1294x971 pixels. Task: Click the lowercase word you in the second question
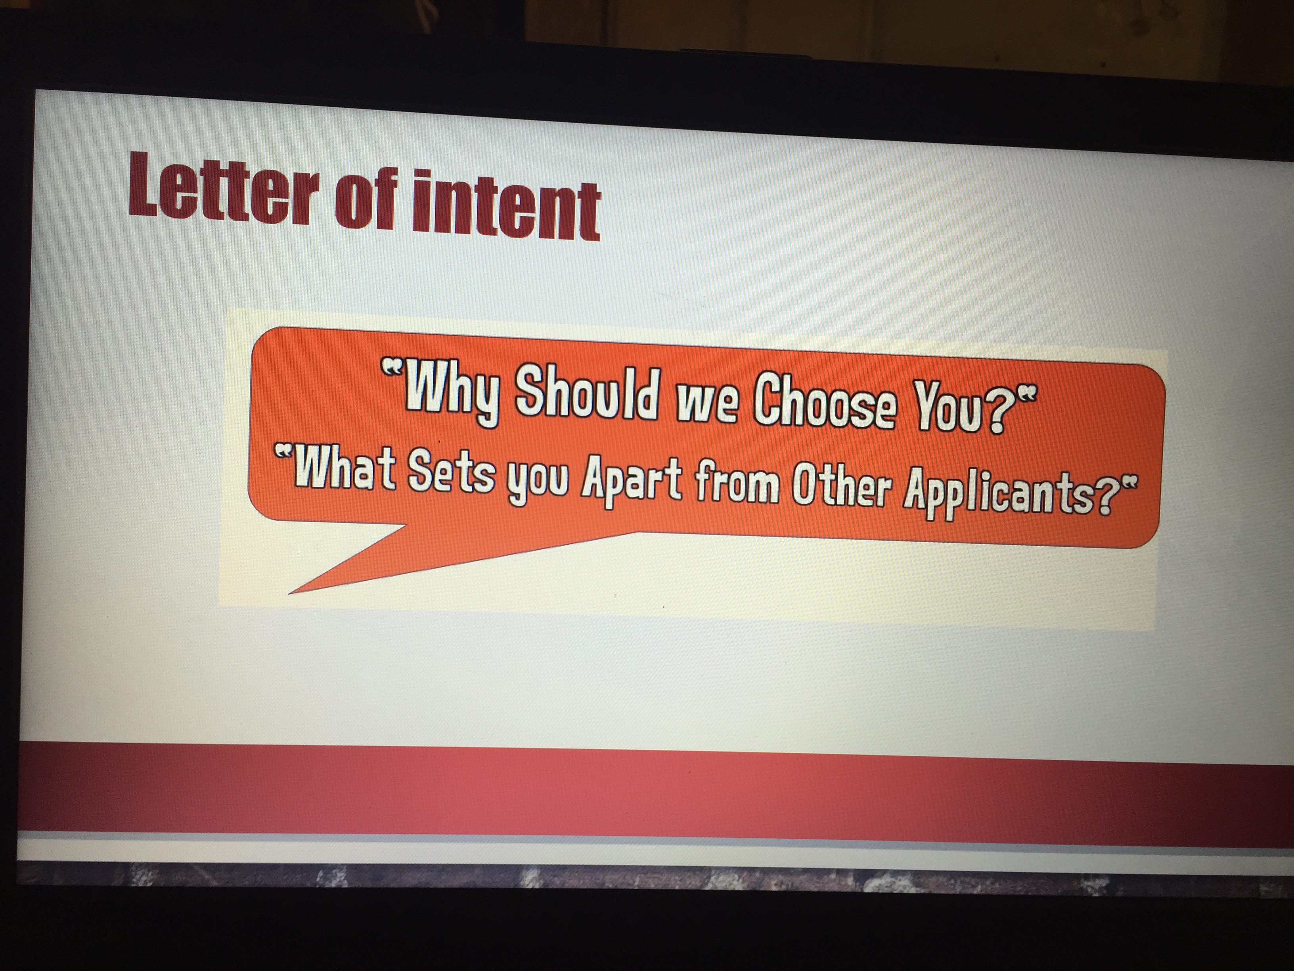point(538,482)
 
